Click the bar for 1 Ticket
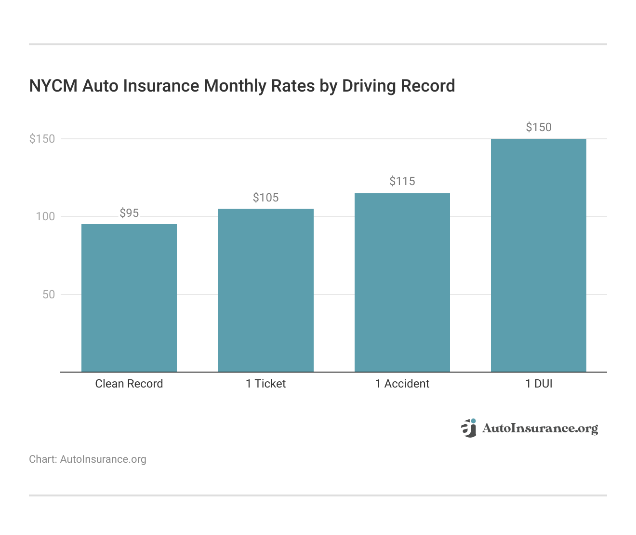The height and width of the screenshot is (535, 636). (265, 290)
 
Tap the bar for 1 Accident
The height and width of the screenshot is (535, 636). (402, 282)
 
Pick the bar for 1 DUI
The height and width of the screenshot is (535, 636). (539, 255)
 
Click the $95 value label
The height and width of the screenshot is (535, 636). (129, 213)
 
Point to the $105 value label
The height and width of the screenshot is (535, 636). (265, 198)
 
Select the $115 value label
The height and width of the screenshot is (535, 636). (402, 181)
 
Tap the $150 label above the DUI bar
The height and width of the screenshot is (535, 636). (539, 127)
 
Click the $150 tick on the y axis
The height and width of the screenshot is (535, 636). (42, 139)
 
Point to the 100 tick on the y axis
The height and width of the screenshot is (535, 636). (46, 216)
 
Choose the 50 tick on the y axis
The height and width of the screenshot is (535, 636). (49, 294)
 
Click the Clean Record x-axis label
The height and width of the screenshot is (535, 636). (129, 384)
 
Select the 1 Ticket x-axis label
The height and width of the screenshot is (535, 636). (265, 384)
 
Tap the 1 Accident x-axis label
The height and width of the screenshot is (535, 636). (402, 384)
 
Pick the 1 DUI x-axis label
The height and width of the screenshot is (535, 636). (539, 384)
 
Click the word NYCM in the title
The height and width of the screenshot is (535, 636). (53, 86)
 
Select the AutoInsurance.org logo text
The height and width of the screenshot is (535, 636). (540, 428)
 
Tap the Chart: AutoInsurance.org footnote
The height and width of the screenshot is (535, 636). (88, 459)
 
